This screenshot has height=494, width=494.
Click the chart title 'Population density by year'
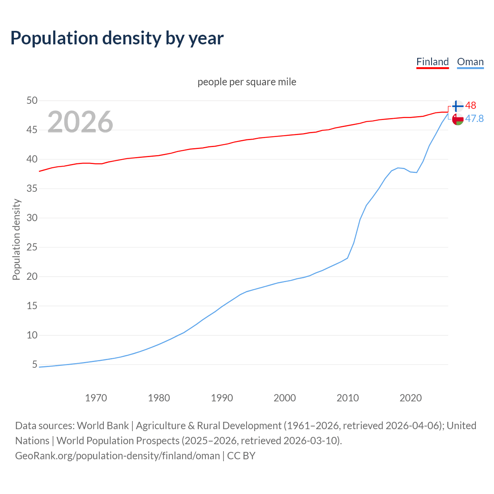(x=117, y=38)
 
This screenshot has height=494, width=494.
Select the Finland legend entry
(x=432, y=62)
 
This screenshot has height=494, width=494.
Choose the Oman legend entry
(x=470, y=62)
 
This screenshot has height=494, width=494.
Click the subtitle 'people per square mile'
(x=247, y=82)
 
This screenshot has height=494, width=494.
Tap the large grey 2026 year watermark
(x=80, y=122)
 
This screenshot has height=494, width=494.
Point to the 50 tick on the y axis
(x=32, y=101)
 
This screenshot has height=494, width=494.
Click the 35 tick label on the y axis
(x=32, y=189)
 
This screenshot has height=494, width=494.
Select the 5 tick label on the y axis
(x=35, y=365)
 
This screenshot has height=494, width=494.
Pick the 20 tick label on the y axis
(x=32, y=277)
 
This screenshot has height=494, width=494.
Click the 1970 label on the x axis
(x=96, y=398)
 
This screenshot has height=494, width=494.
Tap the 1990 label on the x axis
(x=222, y=398)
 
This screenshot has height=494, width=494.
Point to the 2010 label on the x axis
(x=348, y=398)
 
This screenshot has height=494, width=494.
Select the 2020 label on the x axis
(x=411, y=398)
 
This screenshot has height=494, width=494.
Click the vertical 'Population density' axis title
(x=16, y=239)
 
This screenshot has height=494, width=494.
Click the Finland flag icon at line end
(x=457, y=106)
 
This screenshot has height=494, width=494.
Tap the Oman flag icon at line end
(x=458, y=119)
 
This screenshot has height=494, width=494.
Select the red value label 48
(x=470, y=105)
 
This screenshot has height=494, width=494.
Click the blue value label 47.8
(x=474, y=118)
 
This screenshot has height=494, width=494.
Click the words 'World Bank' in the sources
(x=103, y=425)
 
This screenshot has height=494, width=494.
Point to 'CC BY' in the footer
(x=241, y=455)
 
